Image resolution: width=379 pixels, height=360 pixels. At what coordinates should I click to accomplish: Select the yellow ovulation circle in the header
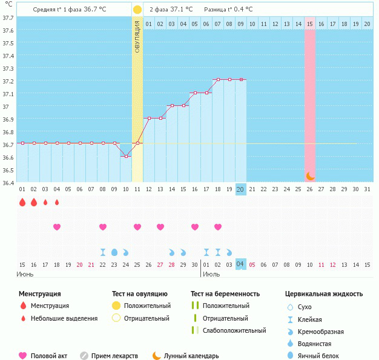(137, 10)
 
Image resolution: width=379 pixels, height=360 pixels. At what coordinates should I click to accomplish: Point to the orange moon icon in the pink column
(310, 175)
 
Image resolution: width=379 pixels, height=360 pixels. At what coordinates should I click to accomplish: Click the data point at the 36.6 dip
(126, 156)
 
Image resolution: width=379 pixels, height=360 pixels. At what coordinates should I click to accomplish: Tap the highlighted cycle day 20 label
(240, 189)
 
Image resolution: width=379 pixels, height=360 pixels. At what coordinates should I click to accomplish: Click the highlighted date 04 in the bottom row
(240, 264)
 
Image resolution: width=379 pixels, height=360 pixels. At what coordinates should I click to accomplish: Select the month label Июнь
(25, 274)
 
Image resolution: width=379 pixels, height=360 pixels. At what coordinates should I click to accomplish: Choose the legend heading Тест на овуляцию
(140, 294)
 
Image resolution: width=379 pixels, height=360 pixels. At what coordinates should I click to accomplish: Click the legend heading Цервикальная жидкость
(324, 294)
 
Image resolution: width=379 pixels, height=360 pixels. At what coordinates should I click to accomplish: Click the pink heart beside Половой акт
(23, 356)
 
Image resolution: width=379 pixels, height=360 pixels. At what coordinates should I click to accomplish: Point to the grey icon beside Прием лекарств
(84, 356)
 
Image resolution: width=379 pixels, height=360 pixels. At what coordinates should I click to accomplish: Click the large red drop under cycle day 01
(22, 203)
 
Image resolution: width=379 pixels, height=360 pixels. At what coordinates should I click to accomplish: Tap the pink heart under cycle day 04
(57, 227)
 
